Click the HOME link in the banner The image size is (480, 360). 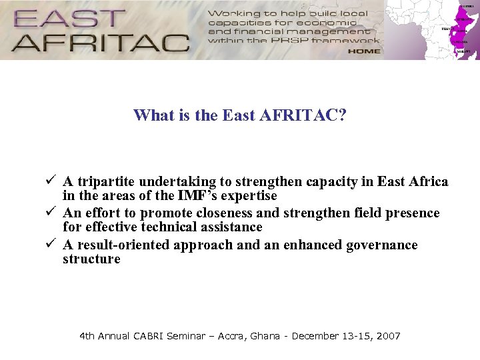pyautogui.click(x=363, y=51)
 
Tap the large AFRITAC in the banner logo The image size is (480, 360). pyautogui.click(x=100, y=42)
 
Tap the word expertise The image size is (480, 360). pyautogui.click(x=248, y=196)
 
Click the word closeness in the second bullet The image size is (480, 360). pyautogui.click(x=247, y=213)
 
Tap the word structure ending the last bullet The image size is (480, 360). pyautogui.click(x=91, y=259)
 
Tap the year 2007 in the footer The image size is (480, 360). pyautogui.click(x=389, y=336)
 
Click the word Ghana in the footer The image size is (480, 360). pyautogui.click(x=265, y=336)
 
